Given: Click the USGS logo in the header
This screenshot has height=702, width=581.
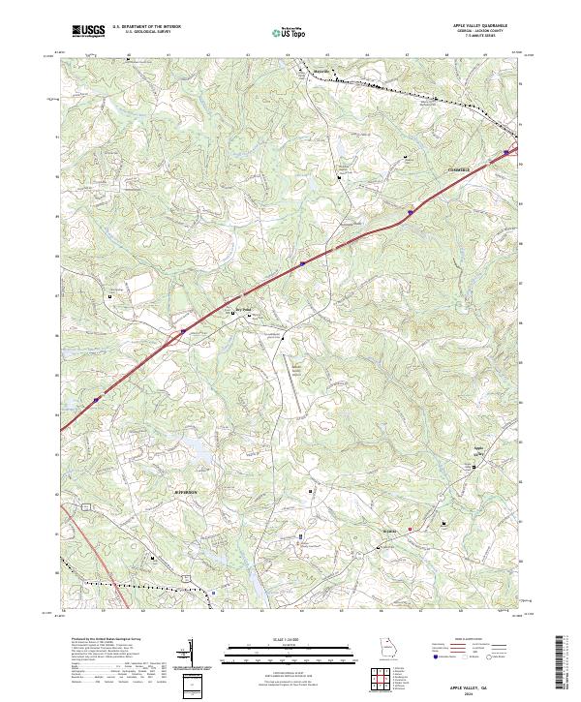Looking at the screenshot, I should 88,32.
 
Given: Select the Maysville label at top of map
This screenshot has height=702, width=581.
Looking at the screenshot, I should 321,72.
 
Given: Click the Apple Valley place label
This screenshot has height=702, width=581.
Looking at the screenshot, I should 476,450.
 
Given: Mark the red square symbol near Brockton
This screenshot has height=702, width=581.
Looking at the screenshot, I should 410,529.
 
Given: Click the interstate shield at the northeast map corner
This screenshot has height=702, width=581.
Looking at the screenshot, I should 505,151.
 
